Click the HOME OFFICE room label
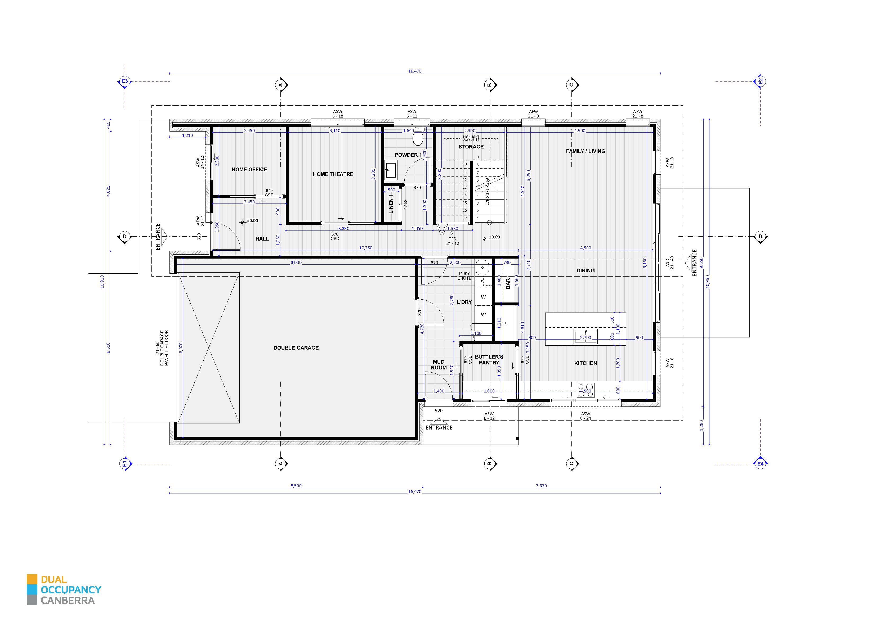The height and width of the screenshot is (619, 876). (x=249, y=169)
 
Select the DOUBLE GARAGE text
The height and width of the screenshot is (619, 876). (x=296, y=348)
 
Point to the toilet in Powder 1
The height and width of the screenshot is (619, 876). (x=418, y=138)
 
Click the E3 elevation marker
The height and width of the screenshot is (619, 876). (x=124, y=81)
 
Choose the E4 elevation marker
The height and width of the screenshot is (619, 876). (x=760, y=464)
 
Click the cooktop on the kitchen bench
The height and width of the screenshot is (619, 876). (x=586, y=390)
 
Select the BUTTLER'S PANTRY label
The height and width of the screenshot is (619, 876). (x=489, y=360)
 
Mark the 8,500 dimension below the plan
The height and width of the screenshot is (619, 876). (x=296, y=486)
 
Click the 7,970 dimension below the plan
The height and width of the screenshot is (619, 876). (x=541, y=486)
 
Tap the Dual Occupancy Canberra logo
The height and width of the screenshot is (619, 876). (x=64, y=590)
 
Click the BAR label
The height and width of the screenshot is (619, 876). (x=508, y=283)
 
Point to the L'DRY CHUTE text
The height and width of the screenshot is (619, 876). (x=464, y=276)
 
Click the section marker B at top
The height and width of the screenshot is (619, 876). (x=490, y=85)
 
